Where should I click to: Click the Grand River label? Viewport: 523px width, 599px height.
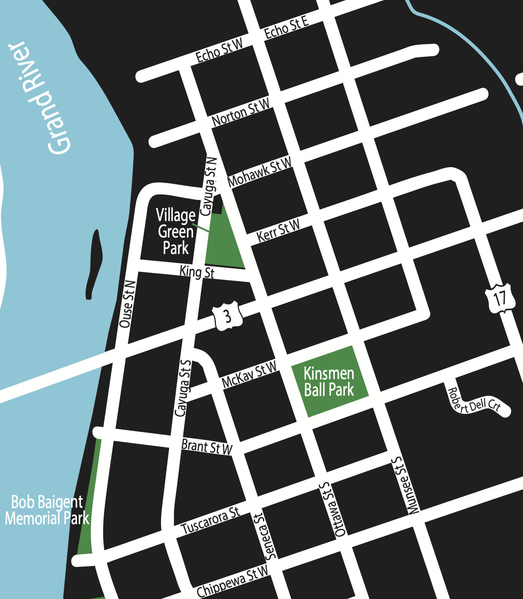(40, 98)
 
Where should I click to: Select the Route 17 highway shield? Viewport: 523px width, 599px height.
(500, 298)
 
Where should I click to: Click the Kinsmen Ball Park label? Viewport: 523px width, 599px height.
(329, 382)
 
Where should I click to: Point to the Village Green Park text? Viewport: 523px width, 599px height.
(175, 232)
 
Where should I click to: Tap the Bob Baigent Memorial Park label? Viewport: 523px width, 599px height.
(47, 510)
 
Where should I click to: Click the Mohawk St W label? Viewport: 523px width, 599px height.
(260, 172)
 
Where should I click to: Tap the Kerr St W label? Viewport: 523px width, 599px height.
(278, 231)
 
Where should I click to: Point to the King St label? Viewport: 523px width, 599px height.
(197, 272)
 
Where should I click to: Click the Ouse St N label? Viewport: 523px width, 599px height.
(127, 304)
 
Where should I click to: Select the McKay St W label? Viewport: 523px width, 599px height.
(249, 375)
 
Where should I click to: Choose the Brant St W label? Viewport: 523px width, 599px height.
(207, 447)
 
